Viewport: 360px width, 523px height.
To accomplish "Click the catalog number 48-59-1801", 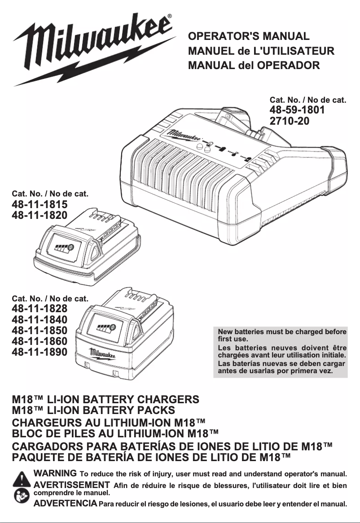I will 297,110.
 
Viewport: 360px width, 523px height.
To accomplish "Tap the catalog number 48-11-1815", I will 40,205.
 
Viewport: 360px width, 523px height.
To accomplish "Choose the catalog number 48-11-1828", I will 40,309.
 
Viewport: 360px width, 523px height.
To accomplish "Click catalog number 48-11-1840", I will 40,319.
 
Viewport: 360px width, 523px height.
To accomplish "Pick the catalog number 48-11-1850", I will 40,330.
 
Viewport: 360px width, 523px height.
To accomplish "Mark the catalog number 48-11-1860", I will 40,341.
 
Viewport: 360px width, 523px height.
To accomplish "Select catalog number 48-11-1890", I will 40,352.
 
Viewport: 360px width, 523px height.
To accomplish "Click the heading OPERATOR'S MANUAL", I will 249,36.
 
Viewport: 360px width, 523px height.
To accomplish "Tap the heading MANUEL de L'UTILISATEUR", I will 261,51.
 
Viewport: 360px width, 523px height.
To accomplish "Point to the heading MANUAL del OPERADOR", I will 254,65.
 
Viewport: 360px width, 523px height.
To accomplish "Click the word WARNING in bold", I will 55,473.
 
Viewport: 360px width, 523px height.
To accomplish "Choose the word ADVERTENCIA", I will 66,503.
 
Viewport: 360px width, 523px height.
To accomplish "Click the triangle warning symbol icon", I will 21,479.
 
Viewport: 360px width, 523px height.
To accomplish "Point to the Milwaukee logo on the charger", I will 184,135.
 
